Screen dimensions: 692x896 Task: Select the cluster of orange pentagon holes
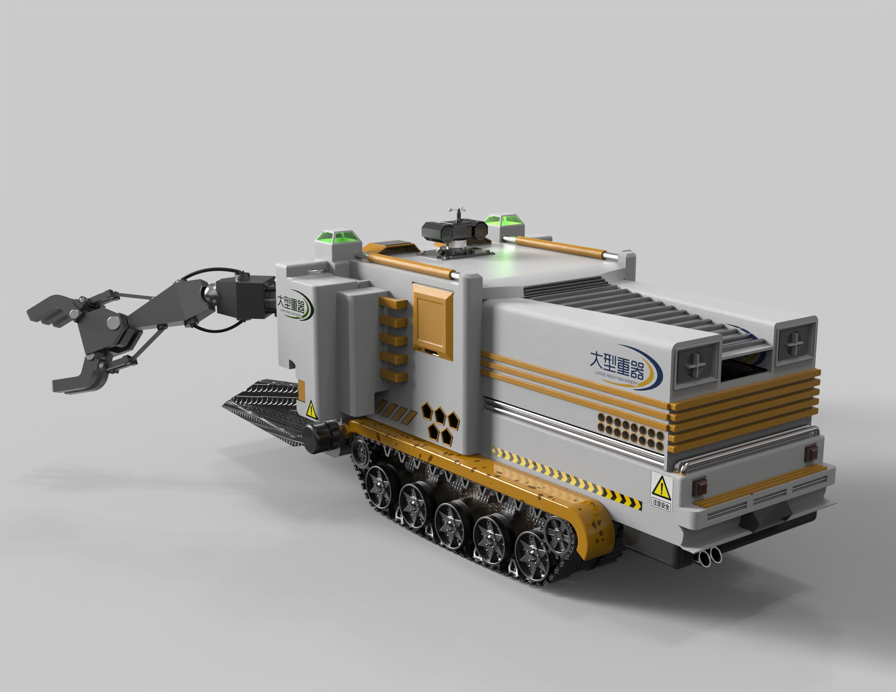pyautogui.click(x=441, y=422)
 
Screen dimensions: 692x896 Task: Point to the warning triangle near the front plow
pyautogui.click(x=311, y=410)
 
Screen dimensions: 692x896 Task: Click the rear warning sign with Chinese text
pyautogui.click(x=661, y=493)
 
